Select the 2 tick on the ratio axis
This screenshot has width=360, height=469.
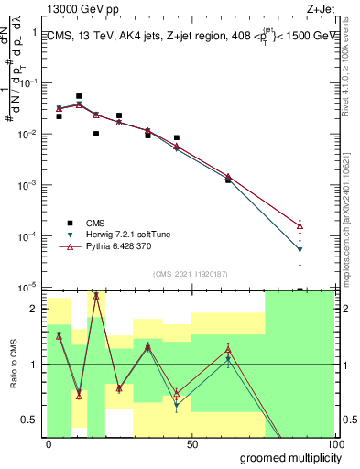tap(36, 309)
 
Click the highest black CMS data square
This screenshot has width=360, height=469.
tap(79, 96)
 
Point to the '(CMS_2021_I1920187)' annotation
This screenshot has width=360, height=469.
tap(191, 274)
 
